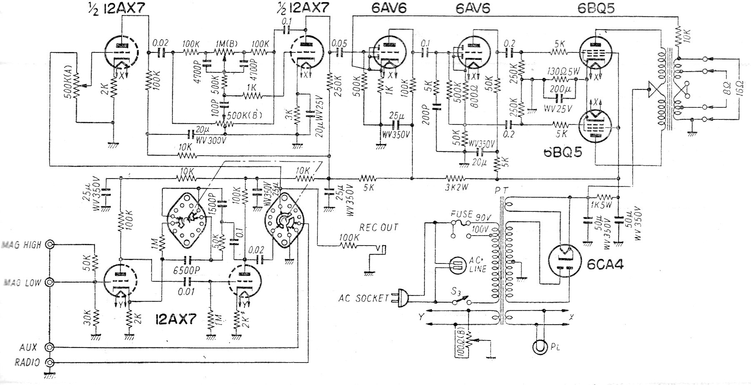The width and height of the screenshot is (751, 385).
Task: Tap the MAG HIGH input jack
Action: (50, 245)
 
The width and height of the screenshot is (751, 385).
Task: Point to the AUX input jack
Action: (50, 347)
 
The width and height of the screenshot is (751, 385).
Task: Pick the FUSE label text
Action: (461, 214)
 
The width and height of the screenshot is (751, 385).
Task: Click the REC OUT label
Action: (379, 227)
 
